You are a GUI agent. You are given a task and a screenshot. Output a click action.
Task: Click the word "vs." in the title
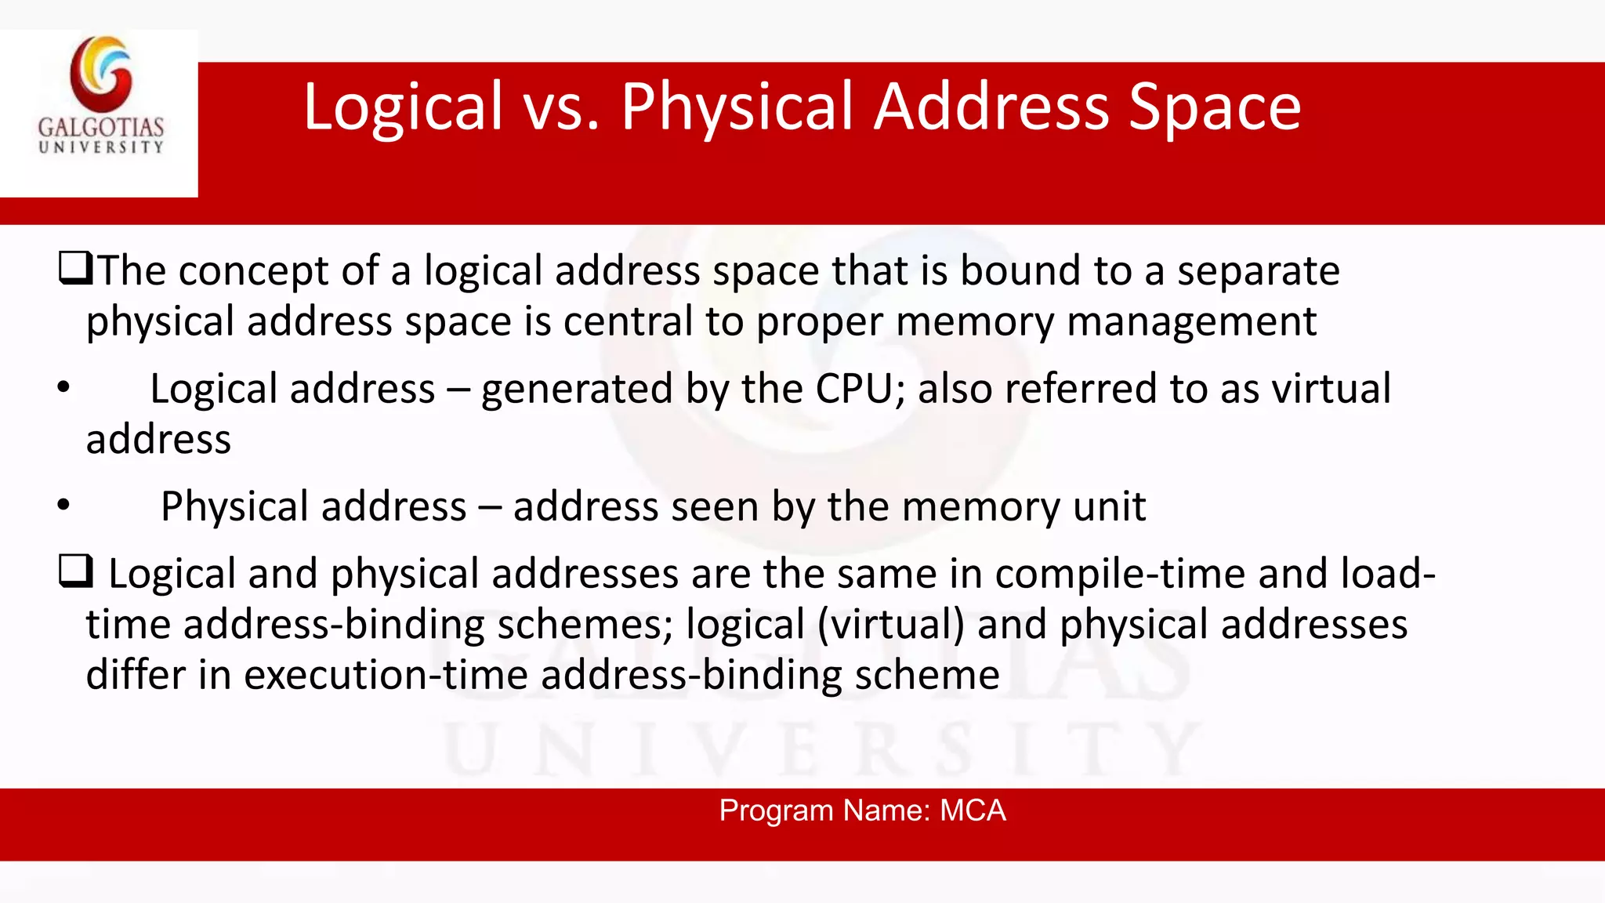[x=561, y=107]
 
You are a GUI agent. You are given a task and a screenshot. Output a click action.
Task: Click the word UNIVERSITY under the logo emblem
[x=101, y=147]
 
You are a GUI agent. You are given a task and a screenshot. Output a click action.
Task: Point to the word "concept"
[x=252, y=272]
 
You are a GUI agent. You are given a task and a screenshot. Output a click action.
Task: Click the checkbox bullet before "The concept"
[x=75, y=269]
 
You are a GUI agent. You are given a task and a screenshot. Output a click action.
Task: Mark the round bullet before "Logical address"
[x=64, y=388]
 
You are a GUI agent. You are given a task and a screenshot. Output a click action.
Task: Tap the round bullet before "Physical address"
[x=64, y=506]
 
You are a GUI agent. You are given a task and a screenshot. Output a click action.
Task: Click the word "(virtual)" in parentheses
[x=891, y=625]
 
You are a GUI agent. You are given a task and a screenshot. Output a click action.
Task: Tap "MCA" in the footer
[x=972, y=811]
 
